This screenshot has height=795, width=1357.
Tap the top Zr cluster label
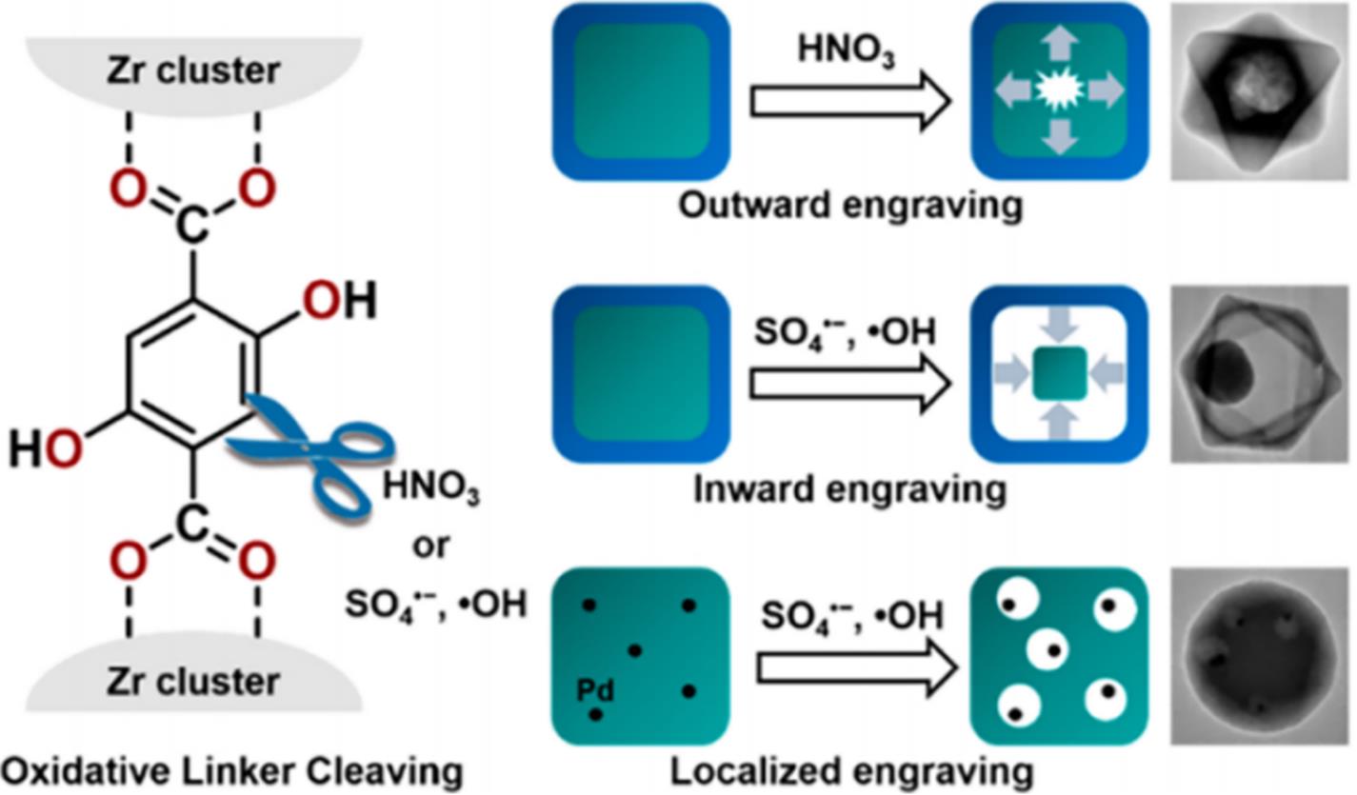(193, 70)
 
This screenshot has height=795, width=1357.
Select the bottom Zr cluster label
(193, 682)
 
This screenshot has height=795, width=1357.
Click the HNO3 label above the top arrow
(847, 52)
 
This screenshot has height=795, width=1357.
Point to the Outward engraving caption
(850, 205)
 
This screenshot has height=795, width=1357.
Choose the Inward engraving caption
(849, 488)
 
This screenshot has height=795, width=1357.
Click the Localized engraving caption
(851, 771)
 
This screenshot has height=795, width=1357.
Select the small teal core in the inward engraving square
(1059, 373)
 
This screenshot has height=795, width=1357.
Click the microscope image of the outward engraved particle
(1259, 91)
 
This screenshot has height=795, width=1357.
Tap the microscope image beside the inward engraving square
(1259, 373)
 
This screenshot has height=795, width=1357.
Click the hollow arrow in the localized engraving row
(853, 667)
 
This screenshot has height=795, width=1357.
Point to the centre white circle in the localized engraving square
(1053, 652)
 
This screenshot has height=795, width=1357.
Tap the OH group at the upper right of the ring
(339, 302)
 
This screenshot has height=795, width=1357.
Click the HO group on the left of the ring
(44, 447)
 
